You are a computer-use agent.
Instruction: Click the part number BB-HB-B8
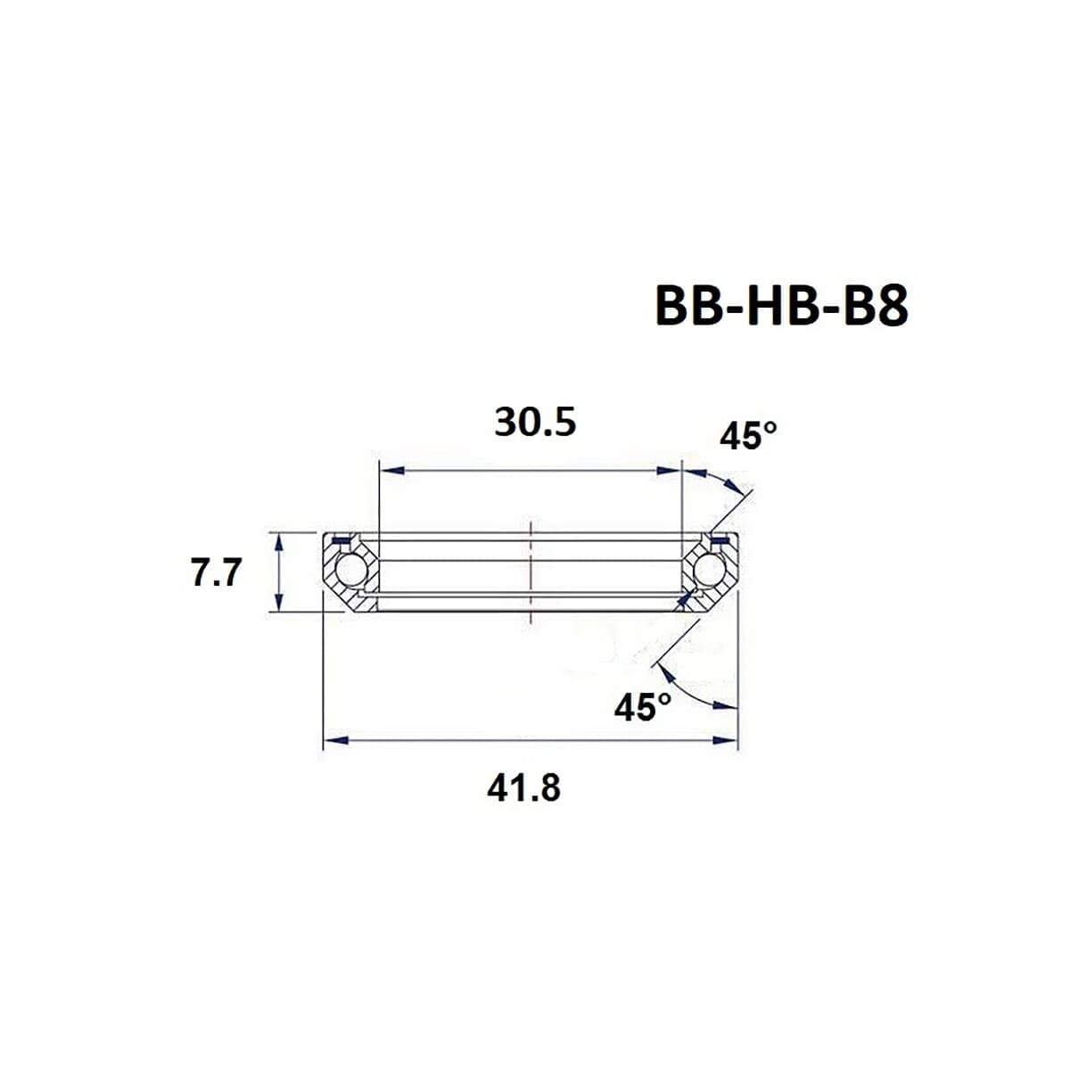pyautogui.click(x=781, y=307)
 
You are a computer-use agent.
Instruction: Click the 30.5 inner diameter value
pyautogui.click(x=535, y=423)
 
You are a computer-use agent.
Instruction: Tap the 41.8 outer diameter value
pyautogui.click(x=524, y=788)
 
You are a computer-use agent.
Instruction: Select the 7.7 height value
pyautogui.click(x=216, y=573)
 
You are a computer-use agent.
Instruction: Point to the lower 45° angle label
pyautogui.click(x=642, y=707)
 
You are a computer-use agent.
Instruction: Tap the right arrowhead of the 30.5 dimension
pyautogui.click(x=670, y=470)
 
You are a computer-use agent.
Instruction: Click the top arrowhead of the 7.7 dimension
pyautogui.click(x=281, y=541)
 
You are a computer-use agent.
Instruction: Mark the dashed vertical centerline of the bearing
pyautogui.click(x=531, y=571)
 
